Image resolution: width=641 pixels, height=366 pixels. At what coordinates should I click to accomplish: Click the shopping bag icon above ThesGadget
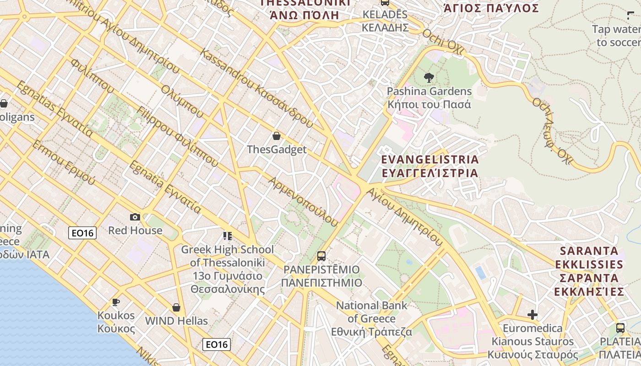(276, 136)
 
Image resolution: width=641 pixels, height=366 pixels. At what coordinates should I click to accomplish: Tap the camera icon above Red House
(135, 217)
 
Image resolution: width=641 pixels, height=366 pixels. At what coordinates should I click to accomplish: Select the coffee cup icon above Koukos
(116, 302)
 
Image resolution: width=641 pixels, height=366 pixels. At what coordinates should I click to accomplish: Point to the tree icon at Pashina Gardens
(429, 77)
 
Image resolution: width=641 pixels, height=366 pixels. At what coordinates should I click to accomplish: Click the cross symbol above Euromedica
(532, 315)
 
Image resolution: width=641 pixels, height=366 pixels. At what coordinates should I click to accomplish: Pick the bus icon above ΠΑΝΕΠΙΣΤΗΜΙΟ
(321, 256)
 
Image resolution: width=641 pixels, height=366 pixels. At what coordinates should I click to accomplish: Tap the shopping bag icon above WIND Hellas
(176, 307)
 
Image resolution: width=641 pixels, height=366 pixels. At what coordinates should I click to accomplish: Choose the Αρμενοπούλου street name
(303, 201)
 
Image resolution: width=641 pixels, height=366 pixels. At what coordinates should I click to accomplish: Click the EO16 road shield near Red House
(82, 233)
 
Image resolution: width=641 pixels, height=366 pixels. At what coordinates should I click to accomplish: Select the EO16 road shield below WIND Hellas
(217, 344)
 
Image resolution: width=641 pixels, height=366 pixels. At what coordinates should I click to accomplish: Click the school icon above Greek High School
(228, 236)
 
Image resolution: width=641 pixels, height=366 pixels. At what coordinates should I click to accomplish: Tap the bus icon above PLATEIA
(620, 328)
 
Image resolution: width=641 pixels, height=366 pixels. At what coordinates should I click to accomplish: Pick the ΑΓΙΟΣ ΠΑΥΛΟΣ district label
(491, 8)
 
